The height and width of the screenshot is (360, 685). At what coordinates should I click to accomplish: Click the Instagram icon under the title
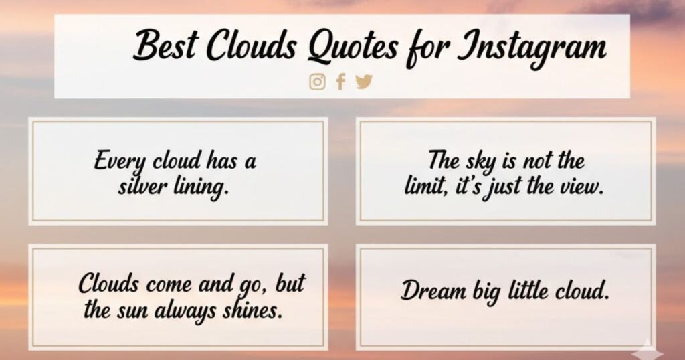(x=317, y=82)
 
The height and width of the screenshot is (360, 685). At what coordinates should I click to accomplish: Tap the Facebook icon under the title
(x=340, y=82)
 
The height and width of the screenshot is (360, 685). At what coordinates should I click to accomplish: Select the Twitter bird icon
(x=363, y=82)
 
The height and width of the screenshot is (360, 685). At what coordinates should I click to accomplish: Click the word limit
(x=426, y=187)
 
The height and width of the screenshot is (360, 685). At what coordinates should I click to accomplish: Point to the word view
(x=582, y=187)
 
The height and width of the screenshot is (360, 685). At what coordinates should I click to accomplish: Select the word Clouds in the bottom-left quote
(x=109, y=284)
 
